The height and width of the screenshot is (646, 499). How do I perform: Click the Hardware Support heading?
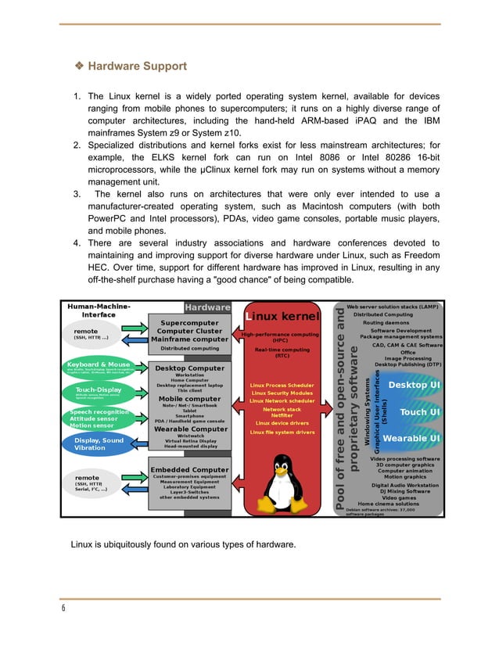(137, 66)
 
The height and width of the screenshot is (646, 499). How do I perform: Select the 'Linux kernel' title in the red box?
(282, 316)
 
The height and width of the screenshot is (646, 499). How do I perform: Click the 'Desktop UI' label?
(414, 385)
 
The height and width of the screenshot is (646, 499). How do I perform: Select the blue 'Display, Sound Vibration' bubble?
(99, 444)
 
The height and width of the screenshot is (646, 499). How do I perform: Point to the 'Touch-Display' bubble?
(99, 391)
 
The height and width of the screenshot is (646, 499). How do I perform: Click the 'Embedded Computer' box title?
(189, 470)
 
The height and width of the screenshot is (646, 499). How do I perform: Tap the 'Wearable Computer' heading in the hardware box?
(189, 429)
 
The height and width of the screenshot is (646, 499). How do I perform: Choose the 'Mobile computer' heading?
(189, 399)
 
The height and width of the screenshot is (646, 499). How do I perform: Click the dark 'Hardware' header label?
(207, 307)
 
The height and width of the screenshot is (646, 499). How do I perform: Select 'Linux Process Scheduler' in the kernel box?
(282, 385)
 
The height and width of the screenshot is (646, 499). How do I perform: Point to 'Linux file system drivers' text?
(282, 432)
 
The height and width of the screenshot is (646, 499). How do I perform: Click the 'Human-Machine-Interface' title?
(99, 310)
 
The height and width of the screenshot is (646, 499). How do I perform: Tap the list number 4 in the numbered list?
(77, 243)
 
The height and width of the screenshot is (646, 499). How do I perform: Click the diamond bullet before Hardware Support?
(79, 66)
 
